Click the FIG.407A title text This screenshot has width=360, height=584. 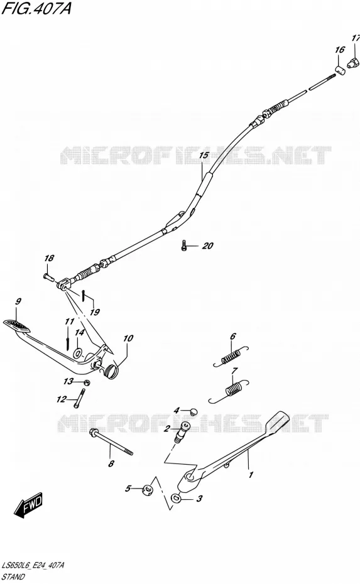36,8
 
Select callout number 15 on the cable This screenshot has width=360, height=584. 204,155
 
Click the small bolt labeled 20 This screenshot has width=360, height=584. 183,246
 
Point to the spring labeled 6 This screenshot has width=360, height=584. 231,357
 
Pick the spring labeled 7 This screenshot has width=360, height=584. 229,391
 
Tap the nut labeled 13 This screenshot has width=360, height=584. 86,382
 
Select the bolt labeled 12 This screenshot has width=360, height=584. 79,397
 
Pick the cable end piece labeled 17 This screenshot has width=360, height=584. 353,63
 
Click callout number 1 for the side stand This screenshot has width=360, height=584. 251,475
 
